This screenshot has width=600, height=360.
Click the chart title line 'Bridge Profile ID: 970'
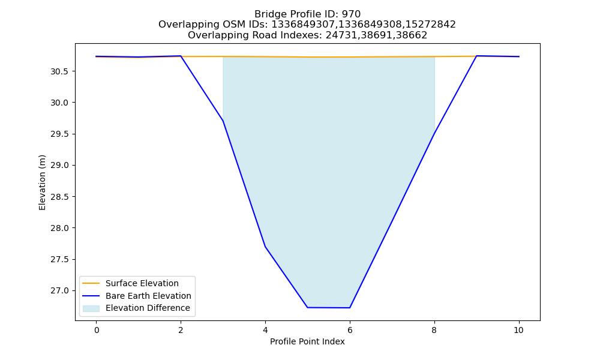coord(307,14)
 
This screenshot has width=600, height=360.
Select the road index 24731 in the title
coord(338,35)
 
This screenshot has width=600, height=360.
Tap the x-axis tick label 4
coord(265,330)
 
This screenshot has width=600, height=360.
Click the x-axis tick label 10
coord(518,330)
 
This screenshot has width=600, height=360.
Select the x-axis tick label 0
coord(97,330)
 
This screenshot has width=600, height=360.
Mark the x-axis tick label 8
coord(434,330)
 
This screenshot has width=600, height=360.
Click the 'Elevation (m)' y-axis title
coord(42,182)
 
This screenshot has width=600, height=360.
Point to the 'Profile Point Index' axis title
coord(307,341)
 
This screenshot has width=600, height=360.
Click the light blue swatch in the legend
coord(91,308)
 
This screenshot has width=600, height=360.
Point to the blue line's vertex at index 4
coord(265,247)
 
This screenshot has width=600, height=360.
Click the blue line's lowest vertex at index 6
coord(350,308)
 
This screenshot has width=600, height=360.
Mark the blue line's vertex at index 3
coord(223,121)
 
